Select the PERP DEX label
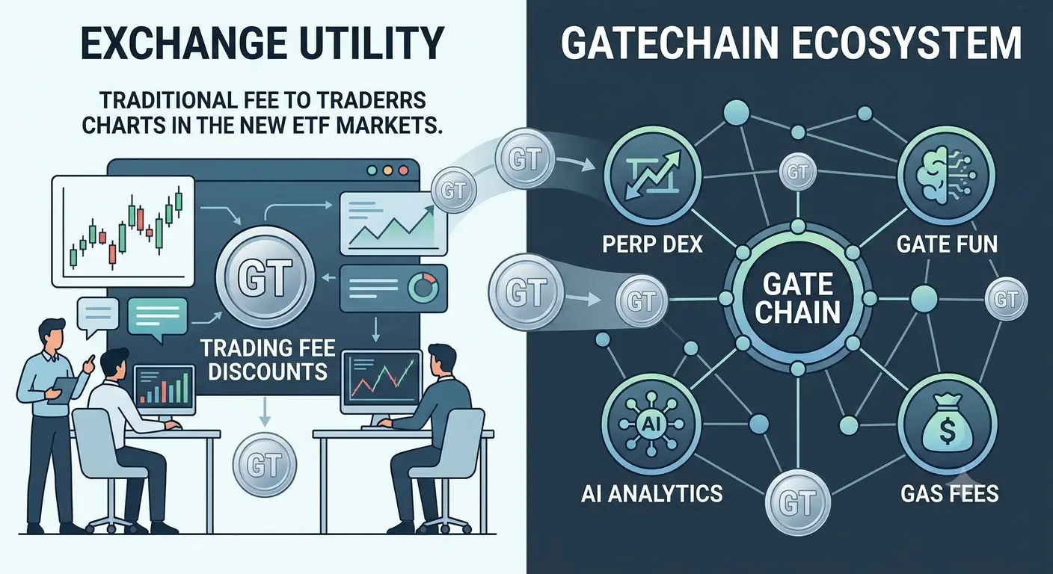pos(652,244)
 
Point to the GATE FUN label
pos(947,244)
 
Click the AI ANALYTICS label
pos(652,494)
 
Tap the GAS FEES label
pos(950,494)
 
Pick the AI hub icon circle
pos(652,425)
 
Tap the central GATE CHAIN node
pos(798,299)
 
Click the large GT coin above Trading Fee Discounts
pos(265,277)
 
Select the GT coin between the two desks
pos(265,463)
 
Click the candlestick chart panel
pos(123,231)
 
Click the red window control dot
pos(403,171)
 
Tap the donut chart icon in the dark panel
pos(423,287)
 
